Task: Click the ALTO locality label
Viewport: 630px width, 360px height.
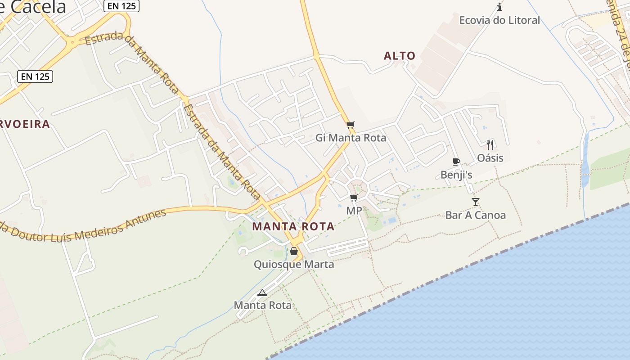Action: [400, 56]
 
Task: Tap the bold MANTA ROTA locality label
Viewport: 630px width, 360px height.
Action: [293, 226]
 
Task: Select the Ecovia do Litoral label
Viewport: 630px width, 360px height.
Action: [499, 20]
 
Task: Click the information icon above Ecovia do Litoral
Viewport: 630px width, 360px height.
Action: [499, 7]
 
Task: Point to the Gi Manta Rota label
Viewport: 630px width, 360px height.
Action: [351, 138]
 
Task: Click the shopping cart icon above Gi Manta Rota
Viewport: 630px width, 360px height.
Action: [351, 125]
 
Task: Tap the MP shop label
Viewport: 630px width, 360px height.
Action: [354, 211]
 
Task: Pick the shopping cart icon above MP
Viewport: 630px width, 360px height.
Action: [354, 198]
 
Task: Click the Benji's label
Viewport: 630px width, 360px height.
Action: [456, 175]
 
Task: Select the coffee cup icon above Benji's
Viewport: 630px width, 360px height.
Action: [456, 162]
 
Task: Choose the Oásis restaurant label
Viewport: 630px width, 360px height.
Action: [490, 158]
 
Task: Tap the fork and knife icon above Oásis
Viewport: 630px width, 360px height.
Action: [490, 145]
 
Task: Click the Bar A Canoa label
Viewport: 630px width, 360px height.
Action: [476, 215]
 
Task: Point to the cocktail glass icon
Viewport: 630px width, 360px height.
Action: [476, 202]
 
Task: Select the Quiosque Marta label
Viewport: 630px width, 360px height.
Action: [294, 264]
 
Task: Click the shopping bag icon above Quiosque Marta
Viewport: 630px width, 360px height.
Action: [294, 251]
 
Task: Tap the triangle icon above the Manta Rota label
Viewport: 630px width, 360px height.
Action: [262, 293]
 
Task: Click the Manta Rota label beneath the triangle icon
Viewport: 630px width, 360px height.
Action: [262, 305]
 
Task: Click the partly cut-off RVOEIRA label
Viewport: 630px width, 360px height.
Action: [25, 124]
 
